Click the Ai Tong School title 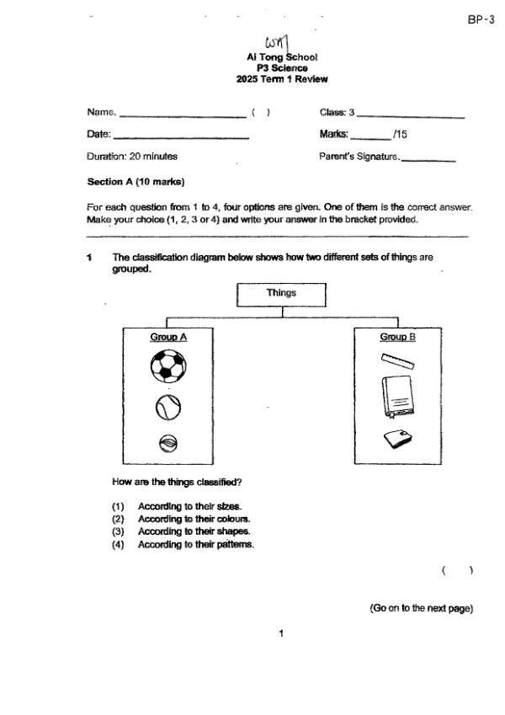click(x=281, y=57)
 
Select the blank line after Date click(x=180, y=137)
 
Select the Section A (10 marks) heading click(x=136, y=182)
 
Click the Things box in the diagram click(x=281, y=294)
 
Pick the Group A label click(x=168, y=337)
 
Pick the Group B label click(x=397, y=337)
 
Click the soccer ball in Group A click(x=168, y=367)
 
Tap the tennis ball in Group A click(x=168, y=408)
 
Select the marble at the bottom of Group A click(x=168, y=443)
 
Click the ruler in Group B click(x=397, y=361)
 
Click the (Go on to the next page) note click(x=421, y=608)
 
